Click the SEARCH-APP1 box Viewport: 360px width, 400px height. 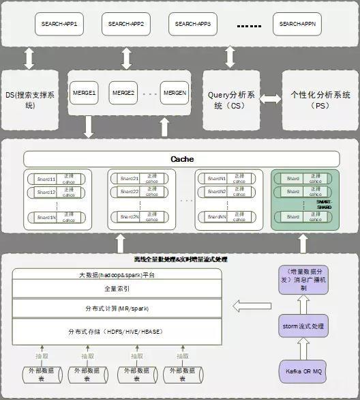[x=59, y=25]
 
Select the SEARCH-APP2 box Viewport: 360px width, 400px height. [x=126, y=25]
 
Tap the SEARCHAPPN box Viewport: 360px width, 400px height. [x=299, y=25]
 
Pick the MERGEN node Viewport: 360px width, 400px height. [x=174, y=92]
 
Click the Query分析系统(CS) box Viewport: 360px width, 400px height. [x=231, y=100]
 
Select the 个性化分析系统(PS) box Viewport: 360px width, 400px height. [x=320, y=100]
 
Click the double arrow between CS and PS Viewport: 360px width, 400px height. [x=271, y=100]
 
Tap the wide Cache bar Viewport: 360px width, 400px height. [x=181, y=159]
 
